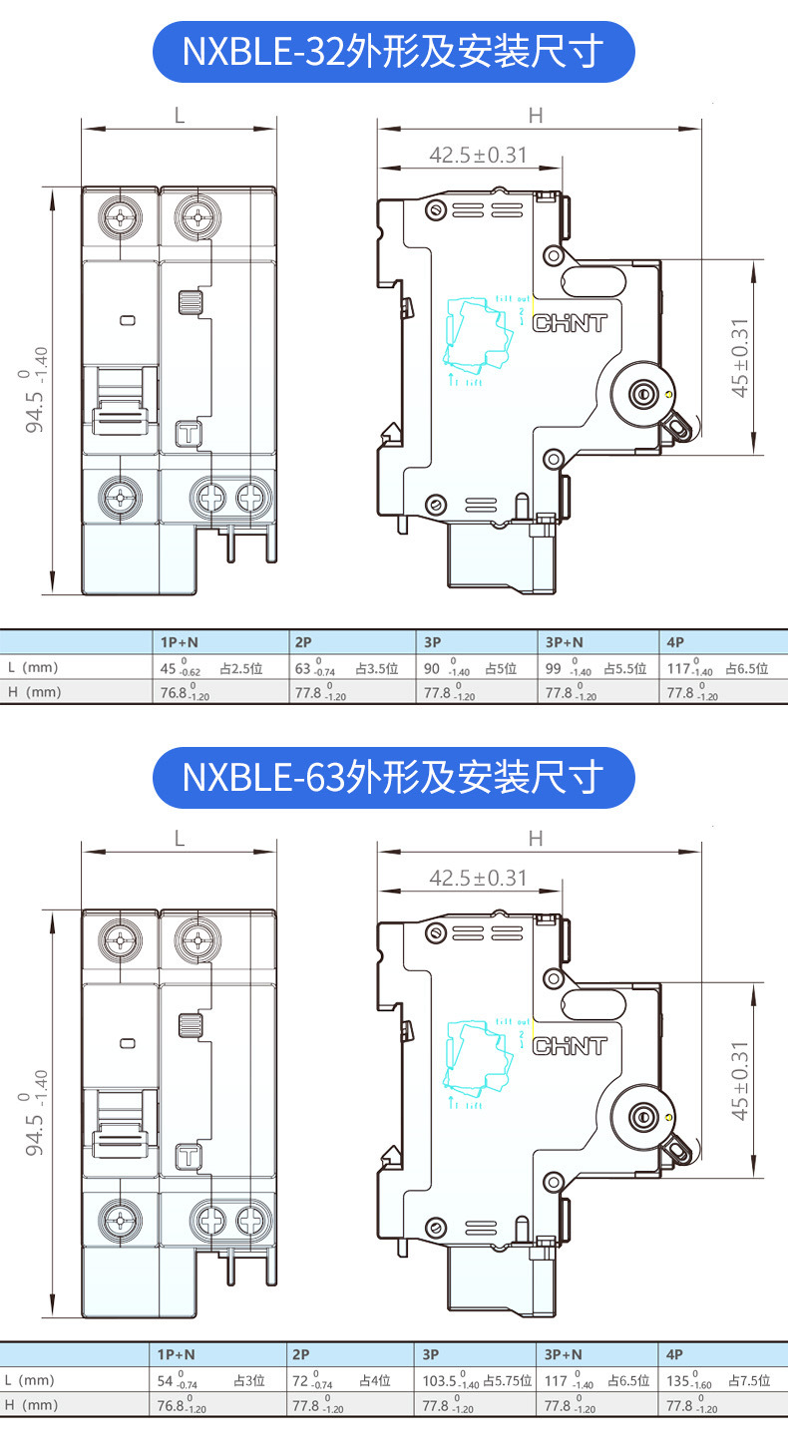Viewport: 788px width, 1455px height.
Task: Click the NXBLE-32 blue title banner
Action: pos(393,52)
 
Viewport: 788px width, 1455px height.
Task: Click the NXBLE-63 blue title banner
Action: pos(393,777)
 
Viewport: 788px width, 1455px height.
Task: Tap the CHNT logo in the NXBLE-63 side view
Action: pos(571,1046)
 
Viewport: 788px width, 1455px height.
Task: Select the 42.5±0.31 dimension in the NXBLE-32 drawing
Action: pos(478,155)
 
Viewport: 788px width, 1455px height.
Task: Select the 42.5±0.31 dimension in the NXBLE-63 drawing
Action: pos(478,878)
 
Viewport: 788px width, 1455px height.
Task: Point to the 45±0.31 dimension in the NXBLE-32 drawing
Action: pos(740,358)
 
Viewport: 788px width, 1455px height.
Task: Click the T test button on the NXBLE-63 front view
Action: pos(188,1157)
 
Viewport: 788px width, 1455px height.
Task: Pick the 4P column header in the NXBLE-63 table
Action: pos(675,1355)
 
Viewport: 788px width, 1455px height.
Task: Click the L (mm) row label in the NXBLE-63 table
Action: pos(30,1380)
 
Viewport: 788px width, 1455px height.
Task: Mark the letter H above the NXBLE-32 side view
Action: pos(536,116)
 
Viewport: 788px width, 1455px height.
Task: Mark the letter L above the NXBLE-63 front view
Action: pos(180,839)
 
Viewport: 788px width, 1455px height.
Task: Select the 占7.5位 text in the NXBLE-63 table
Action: pos(749,1381)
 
